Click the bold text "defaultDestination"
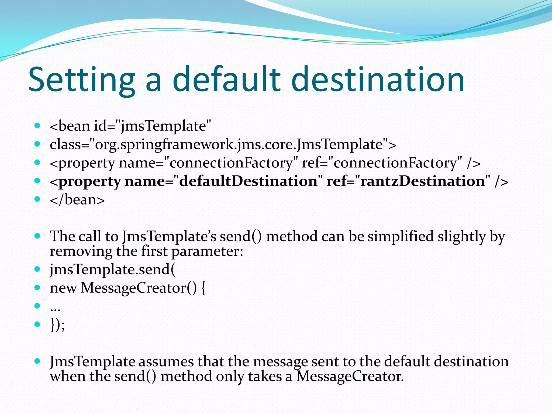[248, 181]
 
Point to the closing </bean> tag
[77, 200]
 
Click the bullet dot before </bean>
[37, 199]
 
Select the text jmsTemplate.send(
[112, 270]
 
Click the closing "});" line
[57, 325]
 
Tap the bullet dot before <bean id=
[37, 126]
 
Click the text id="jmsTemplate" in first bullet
[152, 126]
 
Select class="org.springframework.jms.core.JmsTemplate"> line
[223, 144]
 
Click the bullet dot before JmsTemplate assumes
[37, 361]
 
